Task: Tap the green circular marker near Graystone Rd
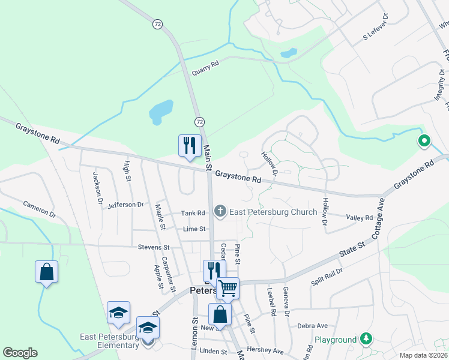[424, 142]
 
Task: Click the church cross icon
[220, 211]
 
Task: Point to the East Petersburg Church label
[273, 212]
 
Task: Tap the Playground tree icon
[366, 340]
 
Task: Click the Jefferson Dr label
[126, 205]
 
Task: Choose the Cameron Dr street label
[40, 209]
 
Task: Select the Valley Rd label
[360, 217]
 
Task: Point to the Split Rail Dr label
[327, 271]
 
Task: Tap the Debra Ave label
[313, 326]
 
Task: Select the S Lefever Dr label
[376, 28]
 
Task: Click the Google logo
[20, 353]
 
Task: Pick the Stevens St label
[154, 247]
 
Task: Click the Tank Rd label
[193, 213]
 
